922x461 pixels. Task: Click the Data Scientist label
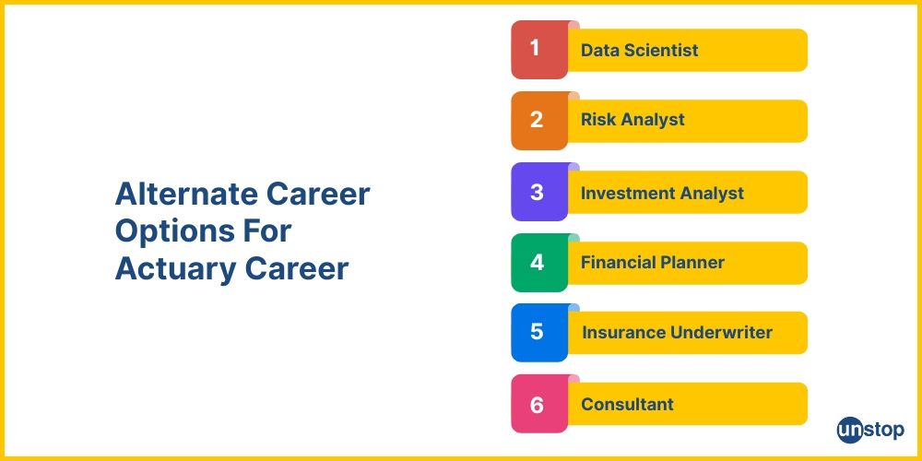click(x=639, y=50)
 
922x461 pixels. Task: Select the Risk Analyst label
click(x=632, y=120)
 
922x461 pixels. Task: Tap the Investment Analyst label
click(x=662, y=193)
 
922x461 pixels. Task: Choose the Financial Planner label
click(x=652, y=263)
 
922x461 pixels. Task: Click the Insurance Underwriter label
click(x=677, y=333)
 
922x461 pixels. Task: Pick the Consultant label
click(x=627, y=404)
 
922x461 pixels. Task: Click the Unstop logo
click(x=870, y=429)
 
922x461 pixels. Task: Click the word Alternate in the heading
click(x=183, y=194)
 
